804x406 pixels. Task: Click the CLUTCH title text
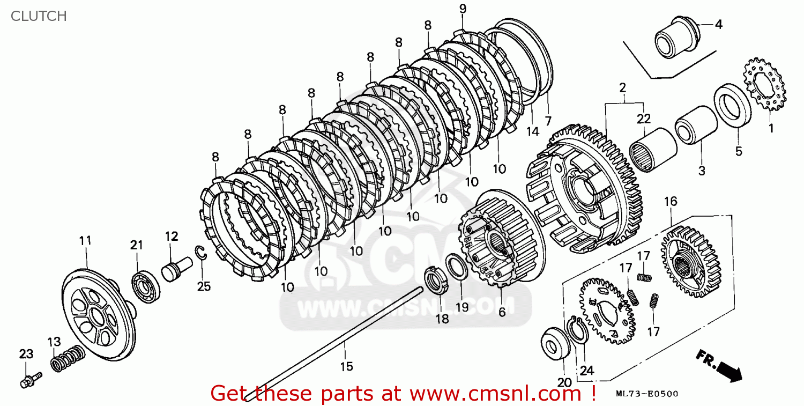[39, 16]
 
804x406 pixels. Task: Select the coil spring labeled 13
[68, 358]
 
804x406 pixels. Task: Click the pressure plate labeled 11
[99, 315]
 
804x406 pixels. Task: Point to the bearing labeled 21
[146, 287]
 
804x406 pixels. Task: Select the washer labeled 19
[457, 267]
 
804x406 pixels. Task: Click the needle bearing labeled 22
[653, 150]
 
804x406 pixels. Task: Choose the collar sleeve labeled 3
[696, 124]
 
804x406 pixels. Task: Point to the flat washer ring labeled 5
[732, 105]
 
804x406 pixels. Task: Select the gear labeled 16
[690, 262]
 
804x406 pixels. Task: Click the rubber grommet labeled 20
[555, 343]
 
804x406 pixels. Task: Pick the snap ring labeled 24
[578, 331]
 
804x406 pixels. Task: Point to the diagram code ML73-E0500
[647, 394]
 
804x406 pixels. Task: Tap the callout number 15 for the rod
[347, 366]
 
